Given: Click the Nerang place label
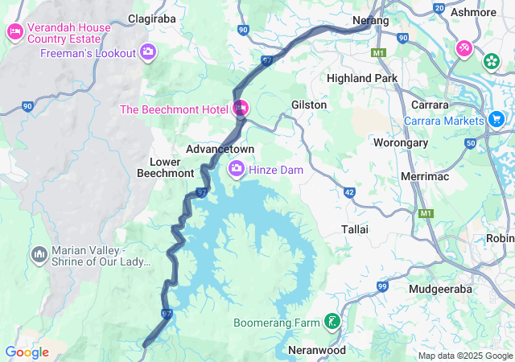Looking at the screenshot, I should point(370,20).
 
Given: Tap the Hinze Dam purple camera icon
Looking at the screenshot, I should point(237,169).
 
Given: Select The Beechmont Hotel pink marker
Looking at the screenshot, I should point(240,109).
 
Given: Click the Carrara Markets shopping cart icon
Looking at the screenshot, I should point(496,121).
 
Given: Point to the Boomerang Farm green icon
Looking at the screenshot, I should point(332,323).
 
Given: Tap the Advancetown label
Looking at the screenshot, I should point(220,150).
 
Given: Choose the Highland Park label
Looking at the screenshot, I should point(362,78).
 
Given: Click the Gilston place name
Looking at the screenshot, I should point(309,105).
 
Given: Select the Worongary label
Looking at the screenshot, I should point(399,142).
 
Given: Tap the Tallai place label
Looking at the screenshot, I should point(355,229).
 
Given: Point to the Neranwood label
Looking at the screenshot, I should point(316,350).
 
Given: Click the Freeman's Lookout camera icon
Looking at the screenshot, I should point(147,53).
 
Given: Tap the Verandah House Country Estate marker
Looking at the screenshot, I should point(14,33).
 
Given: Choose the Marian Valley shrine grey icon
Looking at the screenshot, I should point(39,255).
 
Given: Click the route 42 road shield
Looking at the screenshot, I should point(349,192).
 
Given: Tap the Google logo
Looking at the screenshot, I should point(27,352).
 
